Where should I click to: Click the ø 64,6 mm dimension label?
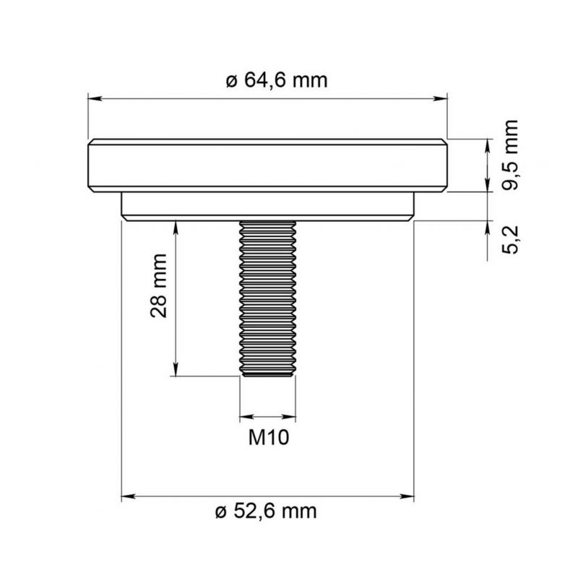(277, 81)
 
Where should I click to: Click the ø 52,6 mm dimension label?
(266, 512)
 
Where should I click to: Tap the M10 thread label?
(268, 438)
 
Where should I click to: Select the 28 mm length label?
(159, 285)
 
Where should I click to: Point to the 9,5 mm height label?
(510, 155)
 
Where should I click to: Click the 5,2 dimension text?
(510, 239)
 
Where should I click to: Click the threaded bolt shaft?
(267, 298)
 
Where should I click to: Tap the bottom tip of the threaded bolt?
(267, 376)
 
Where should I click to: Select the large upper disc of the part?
(267, 165)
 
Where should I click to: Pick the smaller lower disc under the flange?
(267, 207)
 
